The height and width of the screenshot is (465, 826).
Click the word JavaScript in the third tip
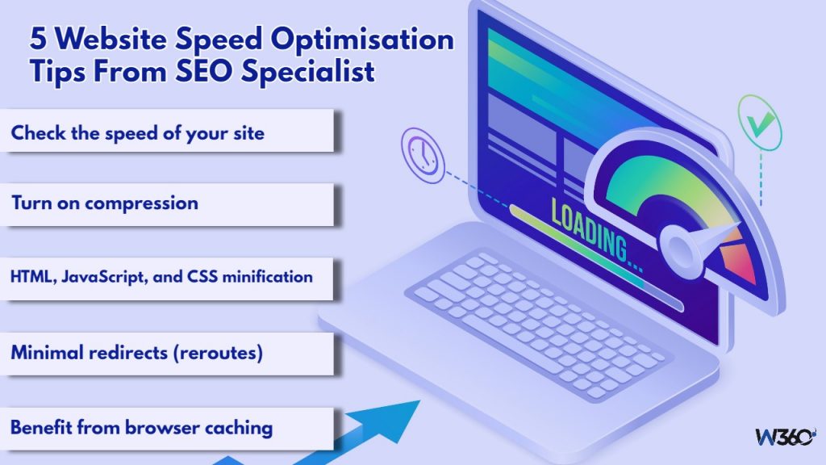pyautogui.click(x=117, y=277)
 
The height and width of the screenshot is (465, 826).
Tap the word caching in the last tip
pyautogui.click(x=240, y=427)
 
